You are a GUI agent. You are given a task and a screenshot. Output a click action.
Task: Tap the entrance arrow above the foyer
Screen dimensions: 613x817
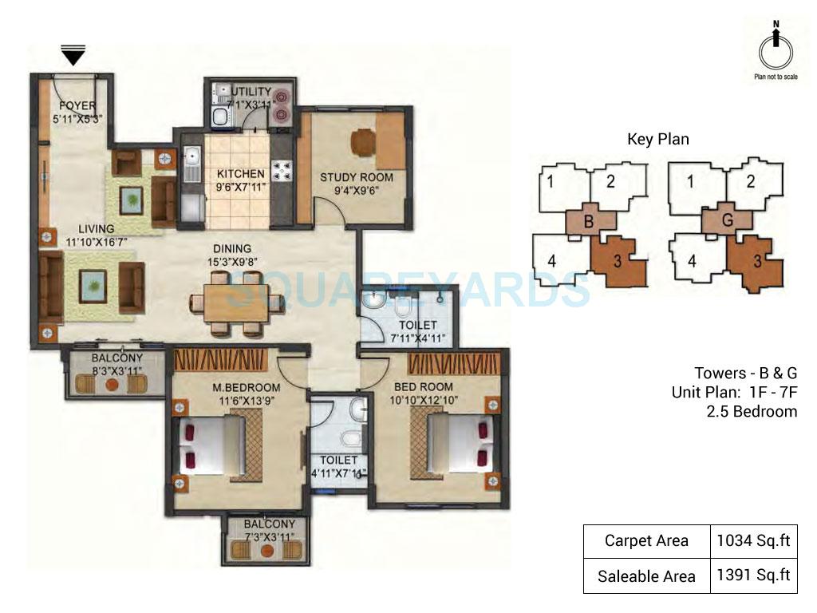(x=73, y=56)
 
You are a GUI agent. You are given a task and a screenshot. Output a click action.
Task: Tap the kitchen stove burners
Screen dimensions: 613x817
(x=282, y=168)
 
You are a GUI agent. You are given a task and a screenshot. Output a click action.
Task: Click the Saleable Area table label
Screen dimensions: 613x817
(x=646, y=575)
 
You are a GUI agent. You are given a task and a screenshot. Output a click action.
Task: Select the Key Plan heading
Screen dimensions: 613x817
(x=657, y=139)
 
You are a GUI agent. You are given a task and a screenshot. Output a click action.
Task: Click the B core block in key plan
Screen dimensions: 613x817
(x=589, y=222)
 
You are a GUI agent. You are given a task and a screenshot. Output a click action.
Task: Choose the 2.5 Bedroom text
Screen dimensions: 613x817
(x=752, y=412)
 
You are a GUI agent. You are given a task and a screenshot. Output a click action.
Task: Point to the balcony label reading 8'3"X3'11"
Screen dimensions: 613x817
(x=116, y=371)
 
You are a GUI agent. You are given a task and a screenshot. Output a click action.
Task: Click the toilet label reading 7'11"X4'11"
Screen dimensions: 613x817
(x=412, y=337)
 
